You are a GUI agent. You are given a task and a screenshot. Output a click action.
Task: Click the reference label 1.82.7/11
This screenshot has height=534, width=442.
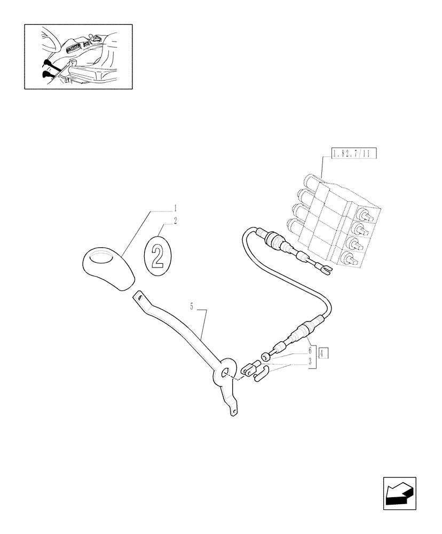354,154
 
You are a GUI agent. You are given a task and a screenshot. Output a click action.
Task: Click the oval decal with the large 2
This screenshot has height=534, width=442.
157,255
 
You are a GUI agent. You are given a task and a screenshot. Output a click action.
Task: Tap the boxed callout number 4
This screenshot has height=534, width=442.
323,352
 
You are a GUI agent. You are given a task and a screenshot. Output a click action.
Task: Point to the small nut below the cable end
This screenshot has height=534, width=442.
264,356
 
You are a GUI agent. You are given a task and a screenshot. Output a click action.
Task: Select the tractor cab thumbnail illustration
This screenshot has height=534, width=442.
78,56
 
